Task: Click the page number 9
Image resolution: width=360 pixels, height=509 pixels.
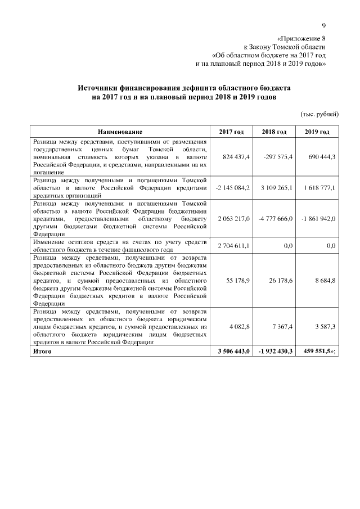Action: (324, 25)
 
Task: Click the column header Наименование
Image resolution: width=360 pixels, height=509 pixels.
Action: (119, 132)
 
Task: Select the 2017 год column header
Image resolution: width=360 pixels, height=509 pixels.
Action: (231, 132)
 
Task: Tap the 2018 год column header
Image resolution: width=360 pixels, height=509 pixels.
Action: (274, 132)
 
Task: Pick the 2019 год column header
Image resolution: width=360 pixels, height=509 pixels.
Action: (318, 132)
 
